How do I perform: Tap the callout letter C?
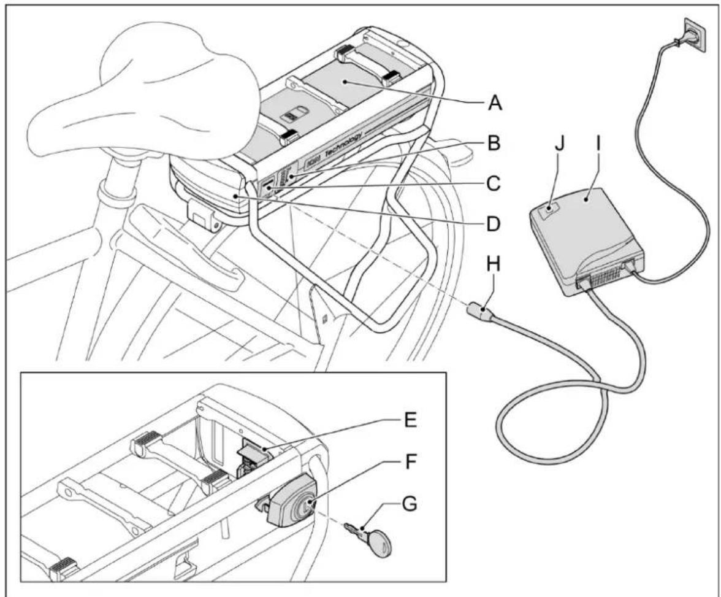pyautogui.click(x=494, y=182)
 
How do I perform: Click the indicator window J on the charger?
pyautogui.click(x=549, y=212)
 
